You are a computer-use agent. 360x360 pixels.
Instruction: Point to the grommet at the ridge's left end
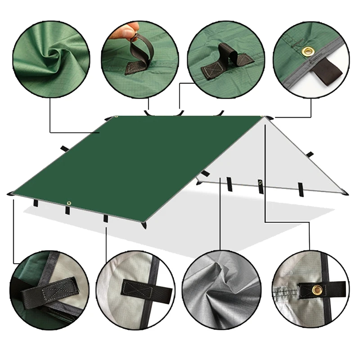pos(116,117)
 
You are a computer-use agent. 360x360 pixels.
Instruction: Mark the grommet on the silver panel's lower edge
pos(260,182)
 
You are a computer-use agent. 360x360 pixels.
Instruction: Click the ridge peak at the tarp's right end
pos(268,117)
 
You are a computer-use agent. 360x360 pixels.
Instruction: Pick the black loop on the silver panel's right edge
pos(309,154)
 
